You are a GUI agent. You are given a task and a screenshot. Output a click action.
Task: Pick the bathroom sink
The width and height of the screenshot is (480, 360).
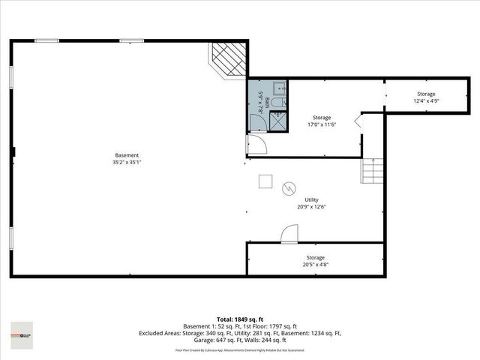[x=278, y=87]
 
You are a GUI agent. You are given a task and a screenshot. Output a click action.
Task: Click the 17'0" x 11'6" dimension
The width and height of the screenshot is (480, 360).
[x=322, y=125]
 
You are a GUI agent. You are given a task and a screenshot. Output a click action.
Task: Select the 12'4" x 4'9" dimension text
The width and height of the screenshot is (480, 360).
[x=426, y=100]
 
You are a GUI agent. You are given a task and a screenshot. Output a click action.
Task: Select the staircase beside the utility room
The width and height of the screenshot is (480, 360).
[x=372, y=172]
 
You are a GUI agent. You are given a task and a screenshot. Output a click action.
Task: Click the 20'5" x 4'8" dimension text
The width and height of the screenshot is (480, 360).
[x=315, y=264]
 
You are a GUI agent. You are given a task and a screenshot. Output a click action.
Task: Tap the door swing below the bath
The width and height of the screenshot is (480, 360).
[x=256, y=144]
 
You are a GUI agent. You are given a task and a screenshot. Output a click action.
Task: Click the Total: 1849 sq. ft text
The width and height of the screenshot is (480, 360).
[x=239, y=319]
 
